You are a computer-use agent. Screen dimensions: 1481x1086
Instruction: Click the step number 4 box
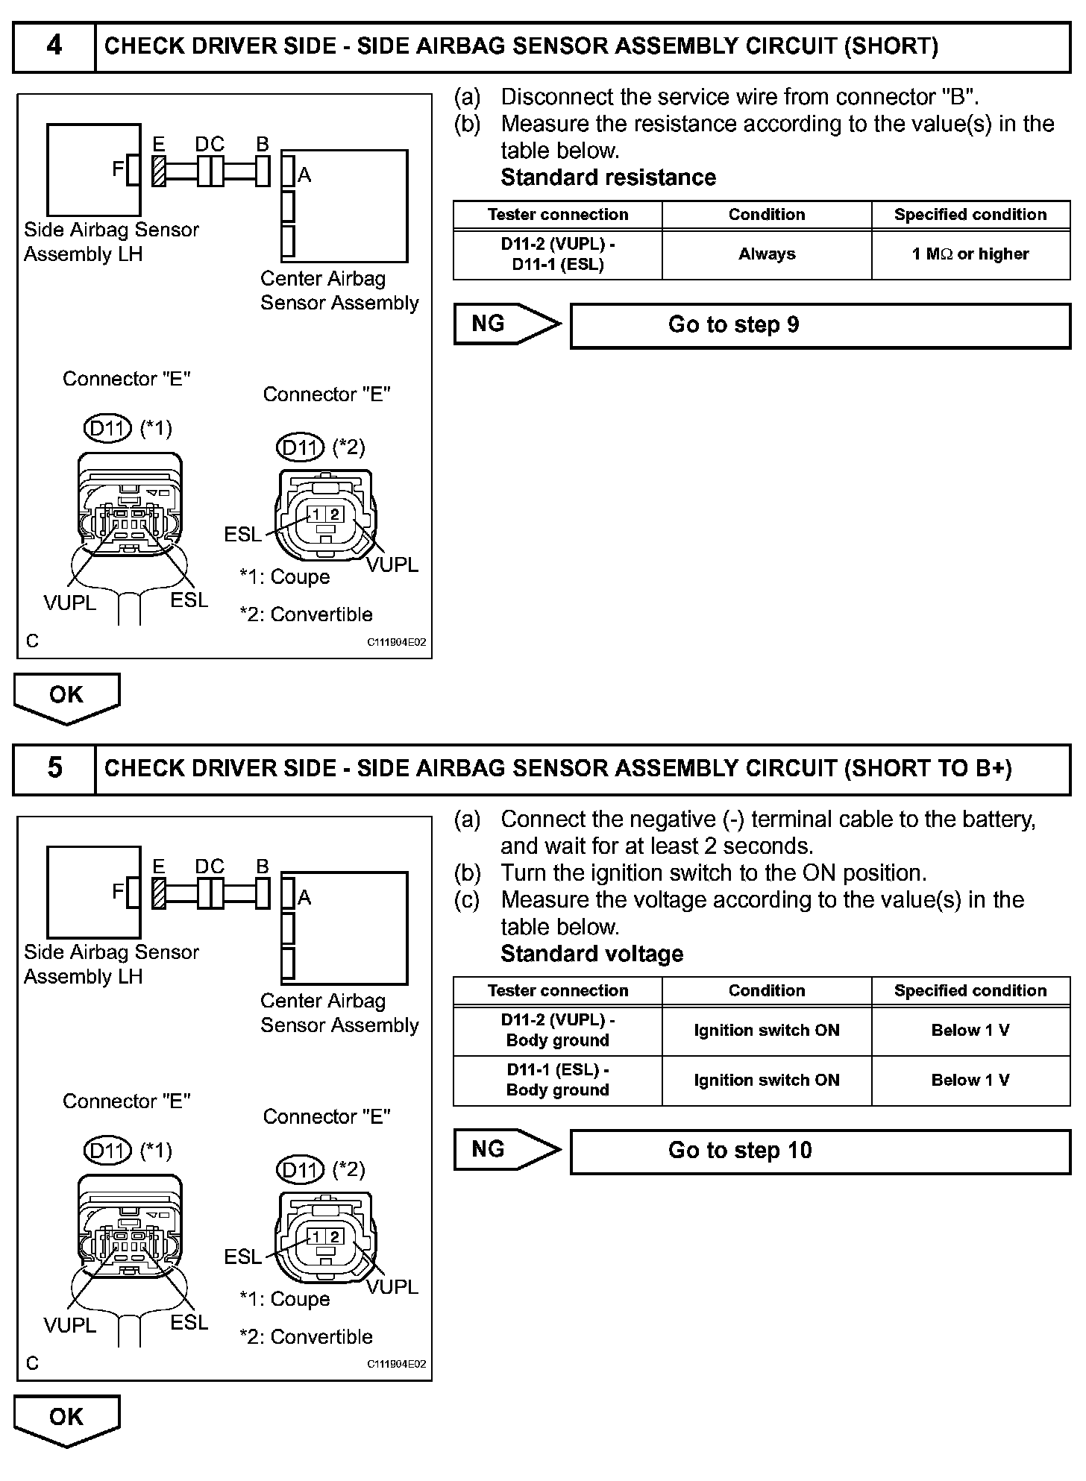[x=54, y=46]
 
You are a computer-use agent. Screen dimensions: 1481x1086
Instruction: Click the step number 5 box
[x=54, y=769]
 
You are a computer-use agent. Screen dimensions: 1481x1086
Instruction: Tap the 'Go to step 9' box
[x=820, y=325]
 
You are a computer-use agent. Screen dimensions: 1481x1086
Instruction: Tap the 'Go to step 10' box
[x=820, y=1151]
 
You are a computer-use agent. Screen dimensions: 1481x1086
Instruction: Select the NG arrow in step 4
[x=505, y=324]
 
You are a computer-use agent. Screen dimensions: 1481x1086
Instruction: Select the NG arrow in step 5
[x=505, y=1149]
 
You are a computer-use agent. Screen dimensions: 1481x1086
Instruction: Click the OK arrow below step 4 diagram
[x=66, y=697]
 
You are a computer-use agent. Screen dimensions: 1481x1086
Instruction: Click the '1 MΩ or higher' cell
[x=970, y=254]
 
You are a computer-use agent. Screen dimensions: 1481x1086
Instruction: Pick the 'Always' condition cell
[x=767, y=254]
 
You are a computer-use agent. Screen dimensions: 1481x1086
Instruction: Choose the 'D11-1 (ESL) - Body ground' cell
[x=557, y=1080]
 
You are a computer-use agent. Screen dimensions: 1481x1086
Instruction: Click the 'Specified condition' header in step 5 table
[x=970, y=991]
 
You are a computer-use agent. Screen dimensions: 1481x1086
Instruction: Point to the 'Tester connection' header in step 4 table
[x=557, y=215]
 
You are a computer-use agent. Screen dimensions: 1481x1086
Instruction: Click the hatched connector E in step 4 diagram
[x=158, y=171]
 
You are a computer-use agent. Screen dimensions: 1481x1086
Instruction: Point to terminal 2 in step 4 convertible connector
[x=335, y=514]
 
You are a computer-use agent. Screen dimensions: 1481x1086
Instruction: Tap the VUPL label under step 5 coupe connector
[x=70, y=1325]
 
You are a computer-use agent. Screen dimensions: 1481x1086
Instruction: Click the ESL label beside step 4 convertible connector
[x=242, y=534]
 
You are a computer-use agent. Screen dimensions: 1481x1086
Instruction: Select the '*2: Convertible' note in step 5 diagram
[x=306, y=1336]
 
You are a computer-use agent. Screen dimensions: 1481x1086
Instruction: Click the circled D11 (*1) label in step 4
[x=107, y=428]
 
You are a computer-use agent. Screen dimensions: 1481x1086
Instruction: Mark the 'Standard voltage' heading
[x=591, y=954]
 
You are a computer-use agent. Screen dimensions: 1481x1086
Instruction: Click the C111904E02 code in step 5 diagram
[x=396, y=1364]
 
